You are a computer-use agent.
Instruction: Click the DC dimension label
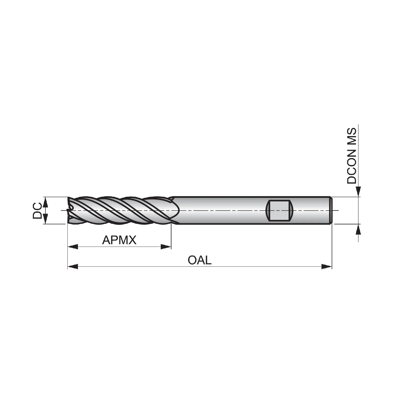tap(37, 210)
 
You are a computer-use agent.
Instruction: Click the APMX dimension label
tap(119, 240)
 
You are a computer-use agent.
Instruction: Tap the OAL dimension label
tap(199, 260)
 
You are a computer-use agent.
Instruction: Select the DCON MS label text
tap(352, 156)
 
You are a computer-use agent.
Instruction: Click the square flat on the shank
tap(279, 210)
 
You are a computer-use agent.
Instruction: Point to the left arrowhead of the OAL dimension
tap(73, 267)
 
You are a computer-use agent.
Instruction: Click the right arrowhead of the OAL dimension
tap(327, 267)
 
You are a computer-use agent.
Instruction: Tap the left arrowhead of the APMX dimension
tap(73, 247)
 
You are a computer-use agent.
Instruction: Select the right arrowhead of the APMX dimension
tap(166, 247)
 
